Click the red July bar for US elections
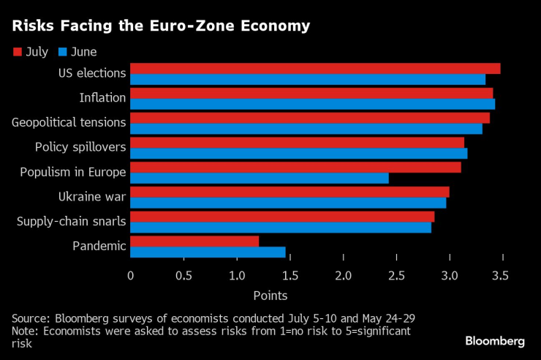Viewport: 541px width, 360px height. pos(315,68)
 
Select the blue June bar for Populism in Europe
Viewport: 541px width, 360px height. pos(260,178)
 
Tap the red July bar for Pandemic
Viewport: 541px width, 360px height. pos(194,241)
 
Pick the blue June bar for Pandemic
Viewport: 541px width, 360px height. pos(208,252)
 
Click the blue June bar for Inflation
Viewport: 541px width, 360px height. pos(312,104)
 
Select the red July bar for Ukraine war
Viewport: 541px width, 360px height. pos(290,192)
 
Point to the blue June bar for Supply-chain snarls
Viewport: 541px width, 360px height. pos(281,228)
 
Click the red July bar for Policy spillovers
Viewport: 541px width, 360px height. pos(297,142)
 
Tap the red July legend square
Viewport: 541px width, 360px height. pos(18,52)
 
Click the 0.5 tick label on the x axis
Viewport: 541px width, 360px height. pos(184,276)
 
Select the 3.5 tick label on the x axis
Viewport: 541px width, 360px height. pos(501,276)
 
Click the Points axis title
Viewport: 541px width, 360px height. pos(270,296)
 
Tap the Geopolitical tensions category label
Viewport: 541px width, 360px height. pos(69,122)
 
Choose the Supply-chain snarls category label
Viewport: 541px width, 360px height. pos(72,221)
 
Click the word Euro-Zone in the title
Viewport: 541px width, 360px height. pos(192,26)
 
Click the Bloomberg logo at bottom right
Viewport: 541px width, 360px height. pos(495,341)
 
